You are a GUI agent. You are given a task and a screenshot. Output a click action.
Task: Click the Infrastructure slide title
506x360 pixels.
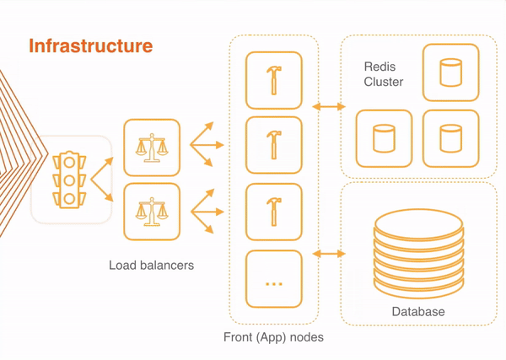pos(91,46)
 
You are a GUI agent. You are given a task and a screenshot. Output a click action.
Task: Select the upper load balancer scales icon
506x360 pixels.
pos(153,147)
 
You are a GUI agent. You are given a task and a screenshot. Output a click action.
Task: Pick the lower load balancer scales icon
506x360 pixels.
pos(153,211)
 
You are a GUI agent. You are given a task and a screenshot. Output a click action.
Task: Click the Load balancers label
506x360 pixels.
pos(151,266)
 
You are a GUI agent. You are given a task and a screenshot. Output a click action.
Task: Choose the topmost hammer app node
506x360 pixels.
pos(273,80)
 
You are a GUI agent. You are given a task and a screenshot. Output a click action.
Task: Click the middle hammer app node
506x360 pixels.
pos(273,145)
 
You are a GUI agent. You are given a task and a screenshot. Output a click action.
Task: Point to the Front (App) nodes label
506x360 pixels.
pos(273,337)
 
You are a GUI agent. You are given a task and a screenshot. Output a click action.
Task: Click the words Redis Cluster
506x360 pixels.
pos(384,74)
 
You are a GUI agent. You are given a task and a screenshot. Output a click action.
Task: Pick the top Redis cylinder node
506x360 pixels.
pos(450,73)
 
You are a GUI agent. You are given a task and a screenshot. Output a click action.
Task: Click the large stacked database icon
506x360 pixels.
pos(418,253)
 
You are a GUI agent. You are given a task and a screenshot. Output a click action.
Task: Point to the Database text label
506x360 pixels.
pos(418,312)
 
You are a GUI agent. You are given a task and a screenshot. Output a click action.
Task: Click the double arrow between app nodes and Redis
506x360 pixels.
pos(329,107)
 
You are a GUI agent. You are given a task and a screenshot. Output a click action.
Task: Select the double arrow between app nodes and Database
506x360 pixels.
pos(329,253)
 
